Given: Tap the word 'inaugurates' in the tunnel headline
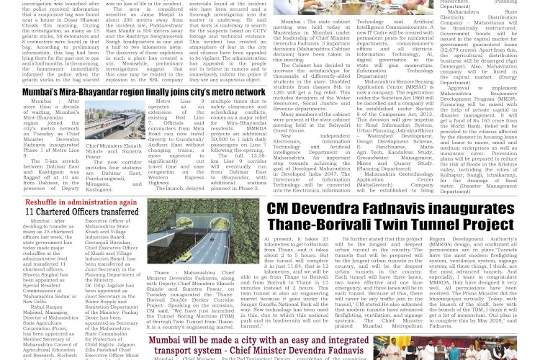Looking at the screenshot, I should coord(476,208).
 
